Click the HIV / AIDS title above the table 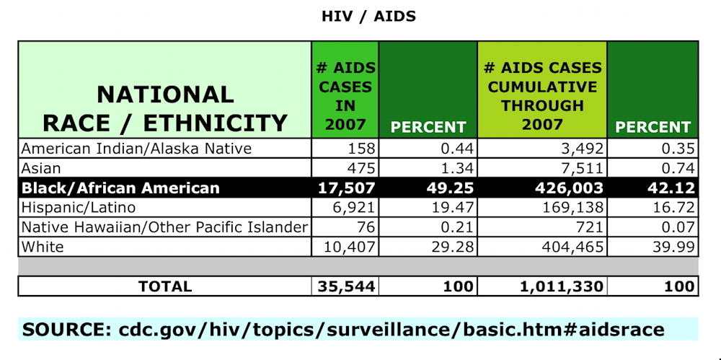[x=368, y=17]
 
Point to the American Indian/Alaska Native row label [x=136, y=149]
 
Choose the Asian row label [x=41, y=168]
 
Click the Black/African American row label [x=120, y=188]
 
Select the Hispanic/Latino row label [x=79, y=208]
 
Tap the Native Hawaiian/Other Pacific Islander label [x=164, y=227]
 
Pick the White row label [x=43, y=247]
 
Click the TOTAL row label [x=164, y=286]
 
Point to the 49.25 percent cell [x=450, y=188]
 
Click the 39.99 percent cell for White [x=673, y=247]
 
